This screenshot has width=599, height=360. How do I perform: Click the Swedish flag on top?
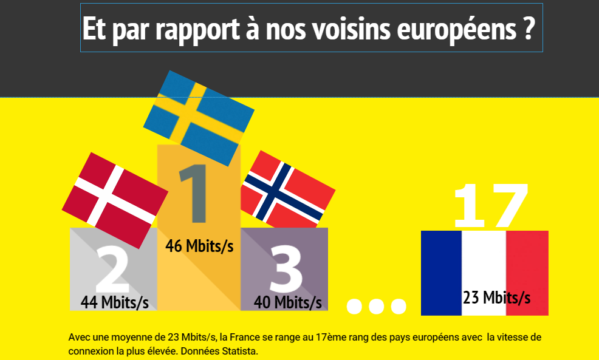click(x=199, y=118)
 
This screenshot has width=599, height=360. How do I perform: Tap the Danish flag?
click(x=115, y=195)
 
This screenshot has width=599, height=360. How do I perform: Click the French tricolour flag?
click(x=484, y=273)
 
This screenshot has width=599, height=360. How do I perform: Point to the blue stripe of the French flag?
click(x=441, y=273)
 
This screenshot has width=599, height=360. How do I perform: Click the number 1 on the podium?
click(x=198, y=194)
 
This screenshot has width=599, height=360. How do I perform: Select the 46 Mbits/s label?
click(x=199, y=246)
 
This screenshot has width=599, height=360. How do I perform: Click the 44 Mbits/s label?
click(x=115, y=302)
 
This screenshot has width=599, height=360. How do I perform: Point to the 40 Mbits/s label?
click(x=288, y=302)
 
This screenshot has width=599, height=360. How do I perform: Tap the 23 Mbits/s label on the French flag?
click(x=496, y=297)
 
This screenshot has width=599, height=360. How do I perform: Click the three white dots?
click(x=376, y=306)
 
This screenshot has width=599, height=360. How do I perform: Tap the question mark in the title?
click(x=528, y=29)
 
